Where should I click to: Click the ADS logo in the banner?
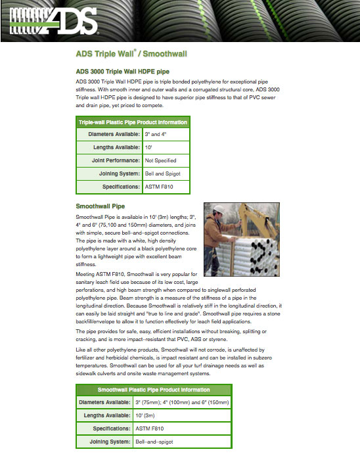[53, 21]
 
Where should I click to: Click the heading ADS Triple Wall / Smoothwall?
[131, 53]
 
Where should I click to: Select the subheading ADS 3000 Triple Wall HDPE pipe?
[123, 72]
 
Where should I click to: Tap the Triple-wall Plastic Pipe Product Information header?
[133, 122]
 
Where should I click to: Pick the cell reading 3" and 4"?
[166, 134]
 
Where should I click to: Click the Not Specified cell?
[166, 160]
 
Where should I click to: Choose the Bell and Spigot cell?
[166, 173]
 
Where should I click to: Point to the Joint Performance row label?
[116, 160]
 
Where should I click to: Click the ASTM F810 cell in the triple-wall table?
[166, 187]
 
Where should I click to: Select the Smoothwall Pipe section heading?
[101, 206]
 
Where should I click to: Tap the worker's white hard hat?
[219, 209]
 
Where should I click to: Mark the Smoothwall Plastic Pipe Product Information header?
[154, 390]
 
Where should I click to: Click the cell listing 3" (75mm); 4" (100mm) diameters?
[182, 402]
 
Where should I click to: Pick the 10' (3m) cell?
[182, 416]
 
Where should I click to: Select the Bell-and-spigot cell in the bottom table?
[182, 442]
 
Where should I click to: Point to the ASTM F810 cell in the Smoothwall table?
[182, 428]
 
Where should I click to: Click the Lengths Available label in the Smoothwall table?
[107, 415]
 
